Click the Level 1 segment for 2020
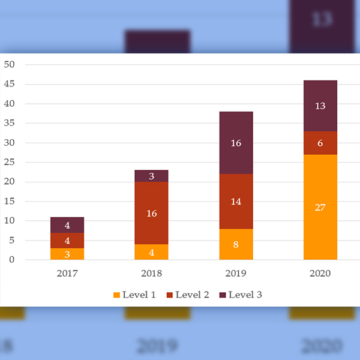(x=320, y=207)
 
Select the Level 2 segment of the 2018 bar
(x=151, y=213)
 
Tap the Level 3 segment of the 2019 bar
(x=236, y=143)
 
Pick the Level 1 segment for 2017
(x=67, y=254)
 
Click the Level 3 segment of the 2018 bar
(x=151, y=176)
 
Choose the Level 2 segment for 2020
(x=320, y=143)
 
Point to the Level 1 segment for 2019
(x=236, y=244)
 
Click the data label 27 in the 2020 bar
(x=320, y=208)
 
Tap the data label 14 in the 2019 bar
(x=236, y=202)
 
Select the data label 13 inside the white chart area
(x=320, y=106)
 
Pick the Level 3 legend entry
(x=242, y=295)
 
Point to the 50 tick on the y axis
(x=10, y=65)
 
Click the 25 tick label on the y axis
(x=10, y=163)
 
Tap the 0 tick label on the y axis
(x=12, y=260)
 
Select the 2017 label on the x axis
(x=67, y=274)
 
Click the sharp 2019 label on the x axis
(x=236, y=274)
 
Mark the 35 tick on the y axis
(x=10, y=124)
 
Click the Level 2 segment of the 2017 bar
(x=67, y=241)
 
